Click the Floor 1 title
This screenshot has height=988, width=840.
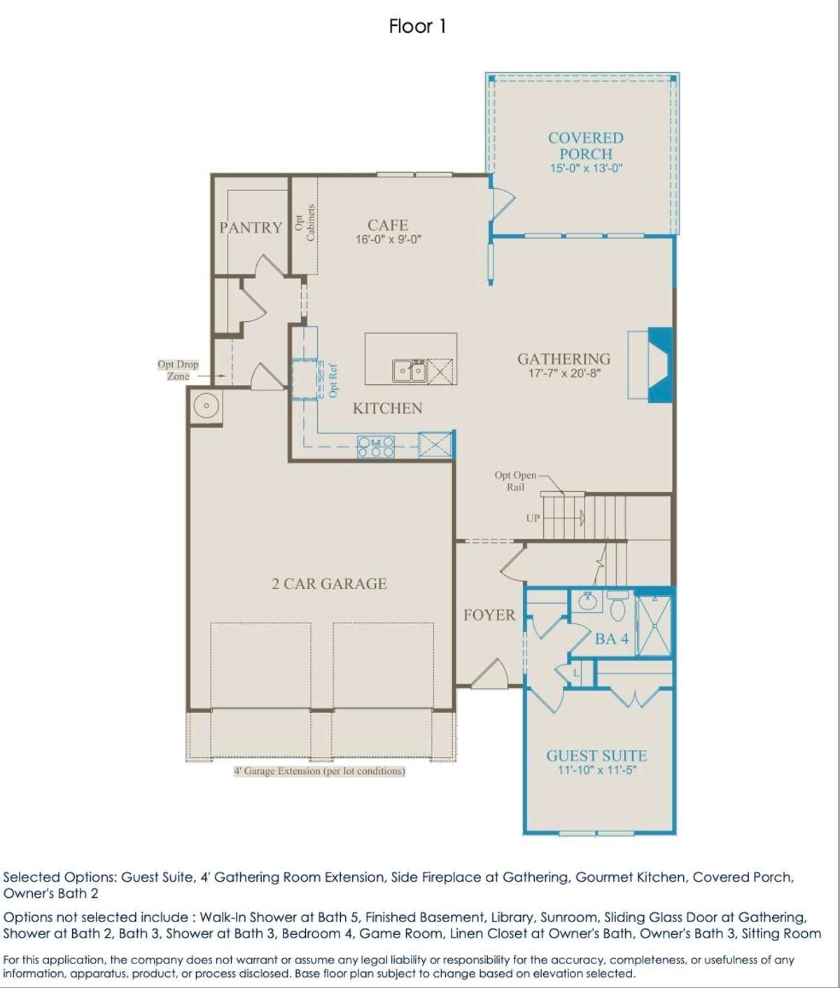click(x=417, y=27)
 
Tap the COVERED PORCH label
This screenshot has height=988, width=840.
click(x=586, y=146)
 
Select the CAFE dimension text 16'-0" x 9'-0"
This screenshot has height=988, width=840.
click(x=388, y=239)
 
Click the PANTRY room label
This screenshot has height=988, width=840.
click(x=251, y=227)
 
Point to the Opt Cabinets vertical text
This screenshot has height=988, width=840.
click(x=304, y=223)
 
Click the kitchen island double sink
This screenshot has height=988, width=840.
click(x=409, y=370)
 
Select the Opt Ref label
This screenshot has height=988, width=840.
click(x=333, y=381)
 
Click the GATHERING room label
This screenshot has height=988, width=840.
click(x=563, y=358)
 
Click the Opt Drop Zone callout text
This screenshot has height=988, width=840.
click(x=178, y=370)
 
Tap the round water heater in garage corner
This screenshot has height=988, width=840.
click(x=206, y=406)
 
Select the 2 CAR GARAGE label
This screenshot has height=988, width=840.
click(x=330, y=584)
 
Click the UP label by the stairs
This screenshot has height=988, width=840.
click(x=533, y=518)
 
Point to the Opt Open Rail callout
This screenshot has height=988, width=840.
click(x=515, y=481)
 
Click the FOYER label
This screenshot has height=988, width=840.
click(x=489, y=614)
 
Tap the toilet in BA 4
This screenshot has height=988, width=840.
click(x=617, y=606)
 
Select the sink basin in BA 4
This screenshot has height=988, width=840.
click(x=587, y=601)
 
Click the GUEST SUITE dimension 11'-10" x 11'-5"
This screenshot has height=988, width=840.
click(x=597, y=770)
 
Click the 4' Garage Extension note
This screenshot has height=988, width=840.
click(x=319, y=771)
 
